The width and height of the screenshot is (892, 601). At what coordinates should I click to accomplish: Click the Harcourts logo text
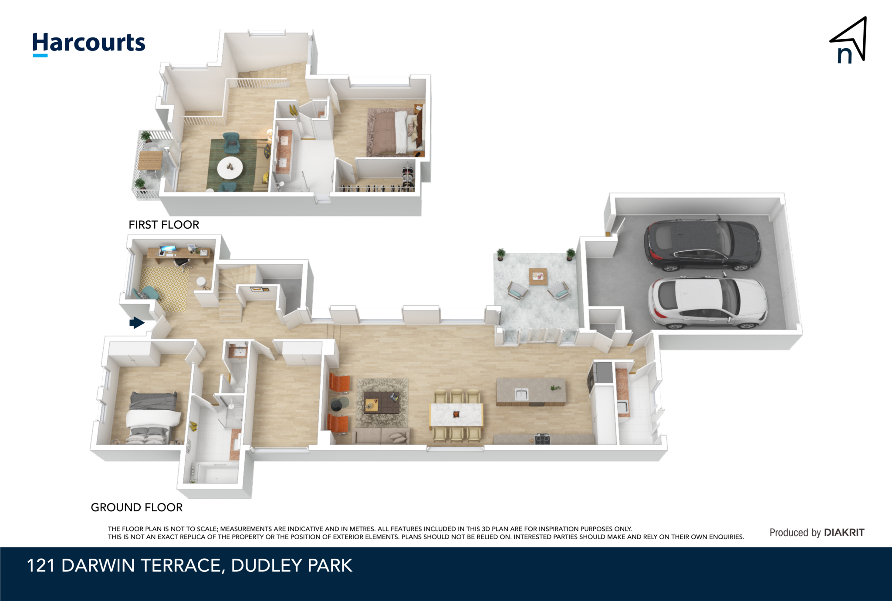(x=89, y=44)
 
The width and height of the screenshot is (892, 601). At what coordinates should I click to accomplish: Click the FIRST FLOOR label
(x=164, y=225)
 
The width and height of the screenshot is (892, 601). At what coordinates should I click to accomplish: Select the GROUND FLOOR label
(x=137, y=507)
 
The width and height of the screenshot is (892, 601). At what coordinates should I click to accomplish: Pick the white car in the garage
(x=707, y=302)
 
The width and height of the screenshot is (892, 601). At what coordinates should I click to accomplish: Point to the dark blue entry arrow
(x=137, y=323)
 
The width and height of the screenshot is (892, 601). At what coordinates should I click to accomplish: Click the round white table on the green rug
(x=230, y=168)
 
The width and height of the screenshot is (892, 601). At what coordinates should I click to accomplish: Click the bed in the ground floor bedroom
(x=153, y=418)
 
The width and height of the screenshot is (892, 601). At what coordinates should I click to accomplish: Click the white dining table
(x=456, y=415)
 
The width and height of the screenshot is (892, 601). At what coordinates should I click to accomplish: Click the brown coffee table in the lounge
(x=382, y=402)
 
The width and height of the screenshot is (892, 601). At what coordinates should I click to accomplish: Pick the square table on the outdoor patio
(x=538, y=277)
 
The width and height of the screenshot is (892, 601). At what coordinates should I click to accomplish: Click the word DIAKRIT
(x=844, y=533)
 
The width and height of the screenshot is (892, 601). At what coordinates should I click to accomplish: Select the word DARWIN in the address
(x=98, y=566)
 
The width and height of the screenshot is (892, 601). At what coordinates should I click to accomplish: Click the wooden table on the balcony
(x=150, y=160)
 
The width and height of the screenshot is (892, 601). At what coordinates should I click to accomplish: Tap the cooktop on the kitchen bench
(x=542, y=439)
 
